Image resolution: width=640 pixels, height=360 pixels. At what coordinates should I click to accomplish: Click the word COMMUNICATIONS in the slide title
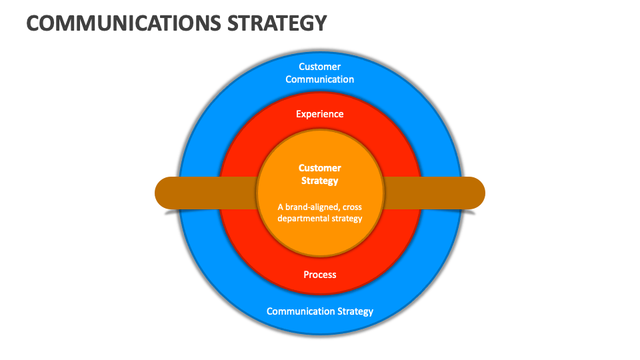pos(124,23)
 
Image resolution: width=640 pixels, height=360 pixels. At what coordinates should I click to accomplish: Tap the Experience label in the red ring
pos(320,114)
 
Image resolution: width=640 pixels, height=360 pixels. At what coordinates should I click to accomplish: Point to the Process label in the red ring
pos(320,275)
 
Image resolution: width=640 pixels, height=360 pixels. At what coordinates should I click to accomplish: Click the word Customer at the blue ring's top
pos(320,67)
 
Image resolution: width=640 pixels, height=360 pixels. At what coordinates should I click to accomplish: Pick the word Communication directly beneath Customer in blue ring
pos(320,79)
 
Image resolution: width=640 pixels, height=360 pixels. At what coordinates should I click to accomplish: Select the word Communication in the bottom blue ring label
pos(299,311)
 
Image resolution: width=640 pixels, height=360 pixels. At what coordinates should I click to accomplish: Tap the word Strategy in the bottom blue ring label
pos(353,311)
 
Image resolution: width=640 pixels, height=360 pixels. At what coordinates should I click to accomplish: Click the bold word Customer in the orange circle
pos(320,168)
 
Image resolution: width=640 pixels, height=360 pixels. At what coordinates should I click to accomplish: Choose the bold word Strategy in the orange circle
pos(320,181)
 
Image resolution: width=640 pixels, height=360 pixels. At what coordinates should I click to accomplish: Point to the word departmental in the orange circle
pos(303,218)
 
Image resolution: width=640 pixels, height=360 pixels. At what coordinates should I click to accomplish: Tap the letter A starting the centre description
pos(281,207)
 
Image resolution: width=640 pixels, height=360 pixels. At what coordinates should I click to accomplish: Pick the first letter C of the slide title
pos(33,23)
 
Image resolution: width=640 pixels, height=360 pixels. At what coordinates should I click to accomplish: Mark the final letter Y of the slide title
pos(321,23)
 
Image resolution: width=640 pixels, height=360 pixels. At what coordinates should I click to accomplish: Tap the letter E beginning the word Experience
pos(299,114)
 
